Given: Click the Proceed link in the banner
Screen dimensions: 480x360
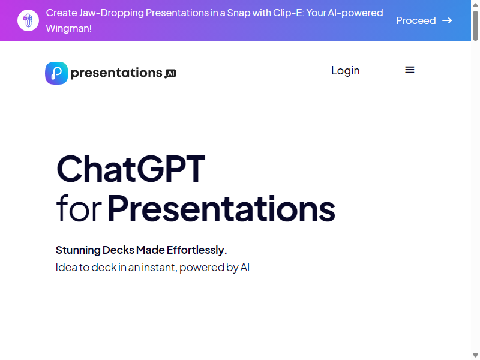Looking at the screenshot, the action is click(416, 20).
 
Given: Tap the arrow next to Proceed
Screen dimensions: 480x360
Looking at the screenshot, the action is click(447, 20).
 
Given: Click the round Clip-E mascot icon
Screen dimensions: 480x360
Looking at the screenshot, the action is click(28, 20).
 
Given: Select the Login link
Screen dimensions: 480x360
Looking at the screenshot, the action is click(346, 70).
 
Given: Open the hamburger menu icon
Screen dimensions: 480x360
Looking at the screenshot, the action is click(410, 70).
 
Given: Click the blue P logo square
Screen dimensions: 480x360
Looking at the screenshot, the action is click(56, 73).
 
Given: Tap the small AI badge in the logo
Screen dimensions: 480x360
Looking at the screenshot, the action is click(171, 73).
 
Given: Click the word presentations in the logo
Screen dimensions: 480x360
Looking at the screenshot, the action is click(116, 73).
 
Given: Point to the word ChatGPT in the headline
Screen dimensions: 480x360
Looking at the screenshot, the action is click(131, 169).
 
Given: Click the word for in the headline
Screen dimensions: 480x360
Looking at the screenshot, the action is click(79, 209).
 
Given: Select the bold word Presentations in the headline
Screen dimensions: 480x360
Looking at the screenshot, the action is click(221, 209).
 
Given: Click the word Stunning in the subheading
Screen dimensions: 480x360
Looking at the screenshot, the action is click(78, 250).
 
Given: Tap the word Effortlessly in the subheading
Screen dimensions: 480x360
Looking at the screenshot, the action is click(197, 250).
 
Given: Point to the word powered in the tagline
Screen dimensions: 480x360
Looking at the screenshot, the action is click(202, 268).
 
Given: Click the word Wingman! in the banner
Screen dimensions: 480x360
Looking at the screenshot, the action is click(69, 28).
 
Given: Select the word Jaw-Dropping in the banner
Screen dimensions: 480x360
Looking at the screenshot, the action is click(111, 13).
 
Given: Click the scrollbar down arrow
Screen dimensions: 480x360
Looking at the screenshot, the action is click(475, 355).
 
